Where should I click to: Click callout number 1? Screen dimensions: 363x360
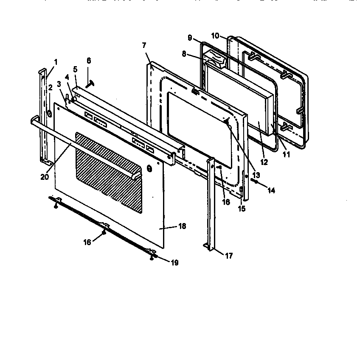(x=55, y=61)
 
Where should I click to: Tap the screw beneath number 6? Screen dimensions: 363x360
(x=90, y=84)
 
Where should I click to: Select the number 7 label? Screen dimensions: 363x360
(x=144, y=45)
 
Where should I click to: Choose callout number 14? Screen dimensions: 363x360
(x=271, y=191)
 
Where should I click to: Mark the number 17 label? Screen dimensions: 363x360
(x=229, y=256)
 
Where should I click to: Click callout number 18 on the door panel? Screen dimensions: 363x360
(x=182, y=226)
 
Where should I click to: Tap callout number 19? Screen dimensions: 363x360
(x=174, y=263)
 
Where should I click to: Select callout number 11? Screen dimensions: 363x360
(x=286, y=155)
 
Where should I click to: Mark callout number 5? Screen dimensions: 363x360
(x=75, y=69)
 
